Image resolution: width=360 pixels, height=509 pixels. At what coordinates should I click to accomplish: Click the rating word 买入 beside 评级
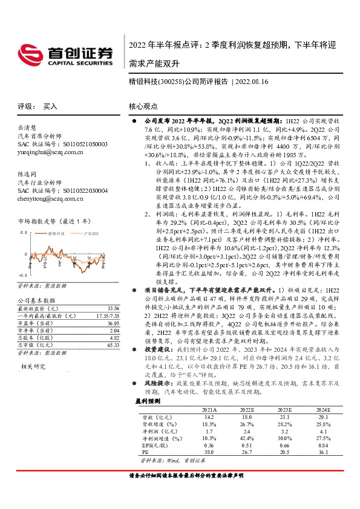pyautogui.click(x=50, y=106)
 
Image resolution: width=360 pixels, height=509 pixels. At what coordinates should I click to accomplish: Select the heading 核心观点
pyautogui.click(x=143, y=106)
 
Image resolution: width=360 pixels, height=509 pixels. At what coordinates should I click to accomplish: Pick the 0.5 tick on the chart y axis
pyautogui.click(x=24, y=232)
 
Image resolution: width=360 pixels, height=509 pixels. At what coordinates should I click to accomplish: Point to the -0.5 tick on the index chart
pyautogui.click(x=22, y=274)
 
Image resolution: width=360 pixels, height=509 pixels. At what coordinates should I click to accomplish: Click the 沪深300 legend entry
pyautogui.click(x=89, y=232)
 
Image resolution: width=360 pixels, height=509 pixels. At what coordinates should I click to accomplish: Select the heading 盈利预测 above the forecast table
pyautogui.click(x=148, y=400)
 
